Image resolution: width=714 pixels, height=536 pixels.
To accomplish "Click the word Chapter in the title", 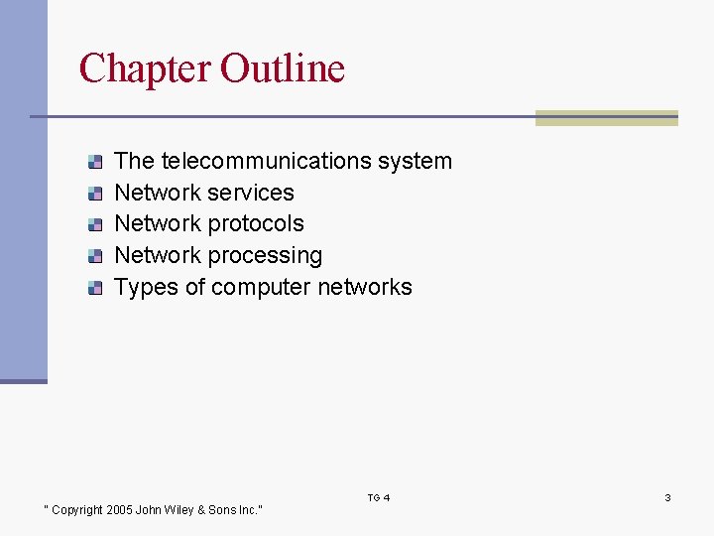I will click(x=145, y=68).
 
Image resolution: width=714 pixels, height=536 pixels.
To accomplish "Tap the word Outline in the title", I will click(x=283, y=68).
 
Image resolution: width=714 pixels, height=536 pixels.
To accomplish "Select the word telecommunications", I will click(x=265, y=161).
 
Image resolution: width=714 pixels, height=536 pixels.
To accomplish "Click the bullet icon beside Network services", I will click(x=94, y=194).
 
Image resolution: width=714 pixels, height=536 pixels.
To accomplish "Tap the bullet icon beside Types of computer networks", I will click(x=94, y=289).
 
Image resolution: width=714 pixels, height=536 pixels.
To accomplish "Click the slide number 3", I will click(x=667, y=497).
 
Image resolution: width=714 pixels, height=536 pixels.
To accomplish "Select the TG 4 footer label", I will click(x=379, y=497).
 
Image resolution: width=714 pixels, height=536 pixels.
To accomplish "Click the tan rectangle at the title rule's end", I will click(x=606, y=118).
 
